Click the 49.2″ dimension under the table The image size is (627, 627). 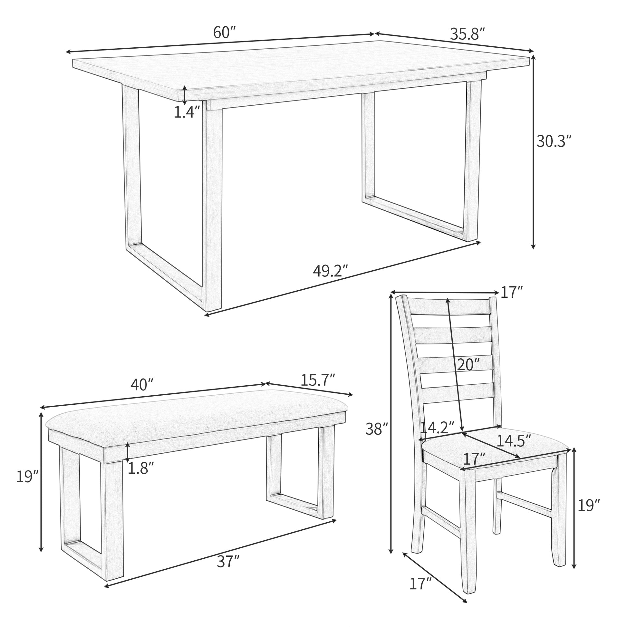[x=330, y=271]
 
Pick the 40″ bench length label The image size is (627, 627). [x=142, y=385]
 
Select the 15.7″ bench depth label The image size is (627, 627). [x=317, y=380]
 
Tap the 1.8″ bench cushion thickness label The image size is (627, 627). [x=140, y=468]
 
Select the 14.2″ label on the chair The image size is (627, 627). [x=437, y=428]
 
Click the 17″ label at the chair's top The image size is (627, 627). [x=512, y=293]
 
